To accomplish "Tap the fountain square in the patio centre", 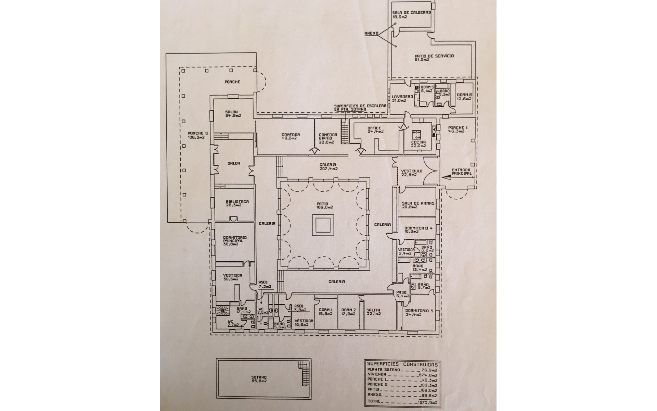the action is tap(324, 225).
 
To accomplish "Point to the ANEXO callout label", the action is tap(372, 34).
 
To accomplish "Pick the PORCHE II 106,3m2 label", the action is tap(196, 135).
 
